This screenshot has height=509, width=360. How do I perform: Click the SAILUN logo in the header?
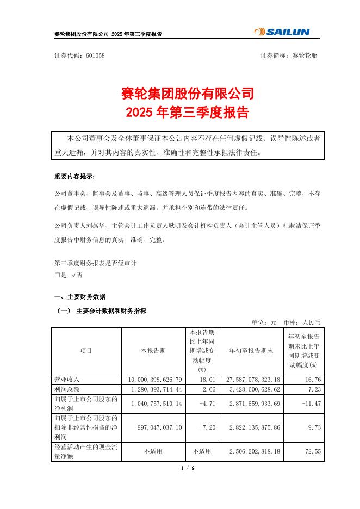282,32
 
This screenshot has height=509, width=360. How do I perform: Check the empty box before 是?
57,275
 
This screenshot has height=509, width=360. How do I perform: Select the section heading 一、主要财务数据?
79,297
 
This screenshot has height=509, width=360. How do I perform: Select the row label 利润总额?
68,390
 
